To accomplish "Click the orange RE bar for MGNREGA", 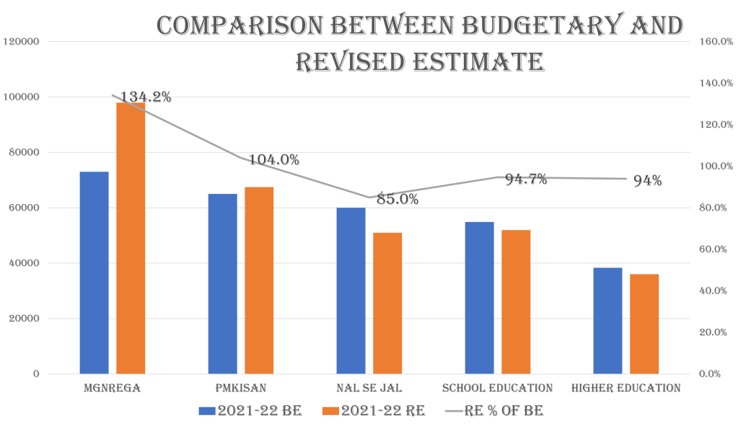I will (x=131, y=238).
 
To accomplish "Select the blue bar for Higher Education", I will (x=607, y=320).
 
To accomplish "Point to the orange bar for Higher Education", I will (x=644, y=324).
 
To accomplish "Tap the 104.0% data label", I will (x=274, y=160).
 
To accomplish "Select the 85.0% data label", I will (x=398, y=199).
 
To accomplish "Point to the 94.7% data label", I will (x=526, y=179).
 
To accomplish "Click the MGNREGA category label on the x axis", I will (x=112, y=388).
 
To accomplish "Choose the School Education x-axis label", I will (x=498, y=388).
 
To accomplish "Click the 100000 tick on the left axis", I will (x=25, y=97).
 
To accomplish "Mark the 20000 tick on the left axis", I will (x=26, y=319).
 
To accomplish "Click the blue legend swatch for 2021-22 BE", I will (x=207, y=410).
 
